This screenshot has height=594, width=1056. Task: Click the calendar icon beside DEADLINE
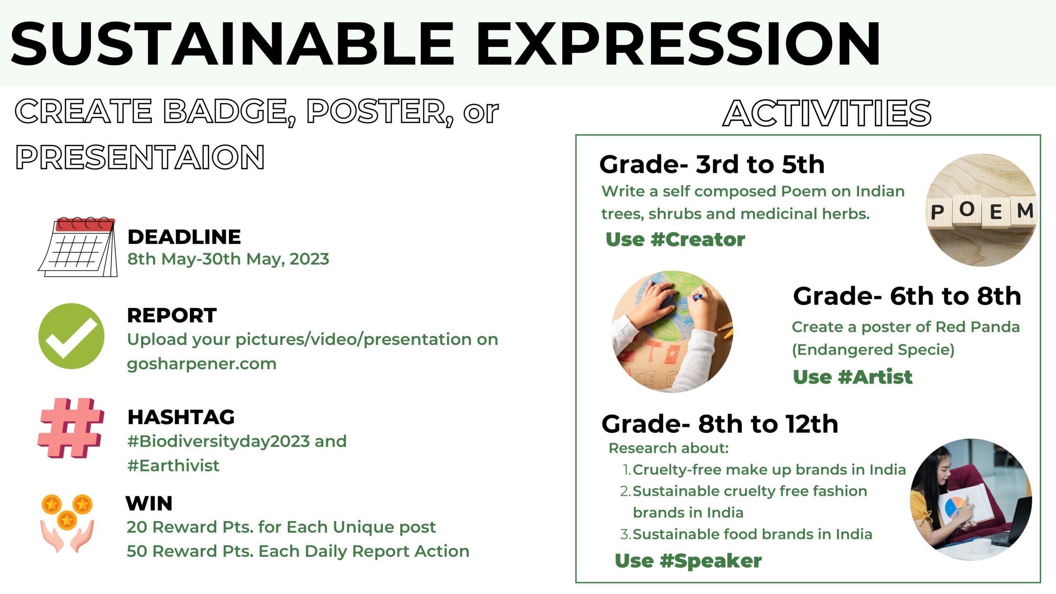[x=78, y=247]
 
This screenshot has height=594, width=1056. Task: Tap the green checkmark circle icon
[x=71, y=336]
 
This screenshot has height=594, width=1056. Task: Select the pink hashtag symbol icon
[x=71, y=428]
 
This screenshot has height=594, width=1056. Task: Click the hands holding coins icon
[x=67, y=523]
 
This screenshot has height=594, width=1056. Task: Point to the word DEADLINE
[x=184, y=237]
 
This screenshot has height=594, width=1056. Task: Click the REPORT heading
[x=172, y=316]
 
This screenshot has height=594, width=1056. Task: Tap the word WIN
[x=149, y=504]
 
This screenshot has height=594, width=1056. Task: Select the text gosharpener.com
[x=202, y=364]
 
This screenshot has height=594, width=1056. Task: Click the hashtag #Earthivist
[x=173, y=466]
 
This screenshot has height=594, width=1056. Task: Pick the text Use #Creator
[x=675, y=239]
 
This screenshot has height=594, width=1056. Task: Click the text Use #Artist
[x=853, y=377]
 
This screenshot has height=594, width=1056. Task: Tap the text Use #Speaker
[x=688, y=561]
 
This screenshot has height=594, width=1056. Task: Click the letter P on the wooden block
[x=937, y=212]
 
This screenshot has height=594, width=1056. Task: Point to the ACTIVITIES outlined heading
[x=827, y=113]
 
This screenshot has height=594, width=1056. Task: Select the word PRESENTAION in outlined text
[x=140, y=157]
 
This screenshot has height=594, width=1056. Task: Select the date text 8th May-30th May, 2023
[x=228, y=259]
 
